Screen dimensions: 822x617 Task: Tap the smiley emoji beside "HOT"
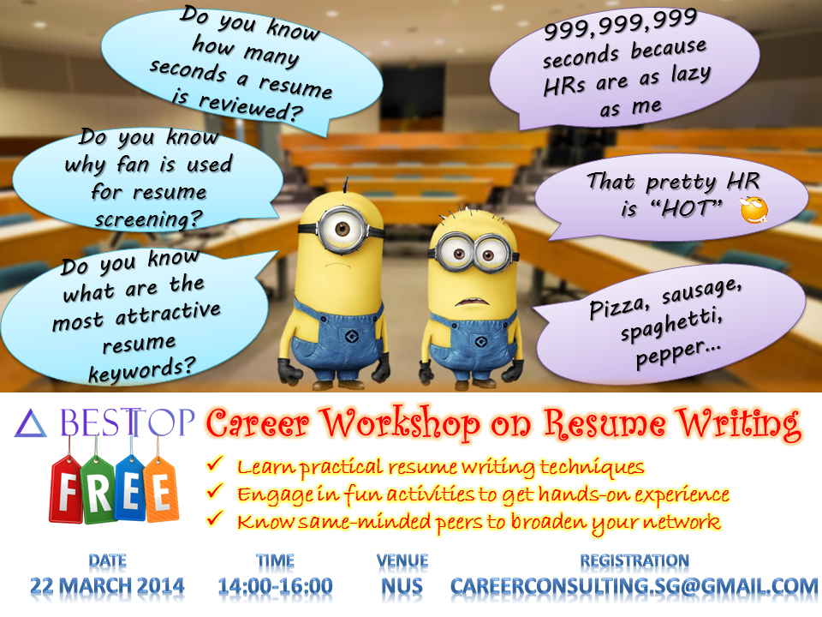pyautogui.click(x=753, y=210)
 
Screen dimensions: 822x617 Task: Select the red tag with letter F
pyautogui.click(x=67, y=488)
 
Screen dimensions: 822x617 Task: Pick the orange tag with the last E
pyautogui.click(x=161, y=489)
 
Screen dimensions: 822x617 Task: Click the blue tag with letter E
pyautogui.click(x=130, y=488)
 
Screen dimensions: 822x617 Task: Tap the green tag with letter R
pyautogui.click(x=98, y=489)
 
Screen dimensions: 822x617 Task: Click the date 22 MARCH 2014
pyautogui.click(x=107, y=586)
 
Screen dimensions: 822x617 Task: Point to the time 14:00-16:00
pyautogui.click(x=275, y=586)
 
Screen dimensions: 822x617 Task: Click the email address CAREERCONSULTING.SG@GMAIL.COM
pyautogui.click(x=634, y=586)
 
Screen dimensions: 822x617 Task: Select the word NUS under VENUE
pyautogui.click(x=402, y=586)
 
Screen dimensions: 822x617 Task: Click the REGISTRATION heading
pyautogui.click(x=634, y=560)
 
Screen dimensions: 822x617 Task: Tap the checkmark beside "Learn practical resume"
pyautogui.click(x=215, y=464)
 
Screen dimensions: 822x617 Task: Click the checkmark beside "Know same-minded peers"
pyautogui.click(x=215, y=518)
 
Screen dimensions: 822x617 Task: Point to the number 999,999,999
pyautogui.click(x=621, y=25)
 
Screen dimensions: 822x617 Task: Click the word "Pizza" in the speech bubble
pyautogui.click(x=617, y=308)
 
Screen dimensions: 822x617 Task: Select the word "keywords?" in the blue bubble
pyautogui.click(x=141, y=369)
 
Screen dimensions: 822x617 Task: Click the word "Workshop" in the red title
pyautogui.click(x=400, y=423)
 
